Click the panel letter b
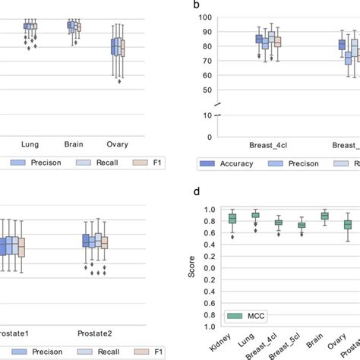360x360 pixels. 197,5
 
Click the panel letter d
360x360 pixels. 197,195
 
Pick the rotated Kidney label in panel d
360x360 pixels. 224,338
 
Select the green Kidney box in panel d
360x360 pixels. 232,219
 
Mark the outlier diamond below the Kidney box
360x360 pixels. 232,236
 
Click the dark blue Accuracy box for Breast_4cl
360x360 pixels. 259,39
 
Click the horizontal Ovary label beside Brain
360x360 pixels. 117,144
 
